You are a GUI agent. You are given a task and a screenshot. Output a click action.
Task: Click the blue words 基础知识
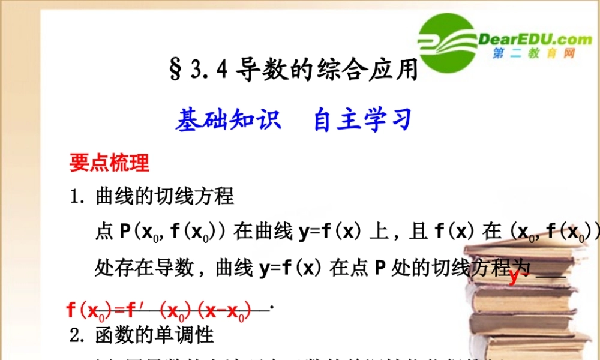pyautogui.click(x=228, y=120)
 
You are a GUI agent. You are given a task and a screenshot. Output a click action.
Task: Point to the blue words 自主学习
pyautogui.click(x=362, y=120)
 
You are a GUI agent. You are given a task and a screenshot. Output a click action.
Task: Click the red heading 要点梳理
pyautogui.click(x=109, y=163)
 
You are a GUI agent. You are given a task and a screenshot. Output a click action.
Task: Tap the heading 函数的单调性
pyautogui.click(x=154, y=334)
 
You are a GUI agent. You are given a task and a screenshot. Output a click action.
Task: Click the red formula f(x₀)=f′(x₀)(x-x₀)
pyautogui.click(x=159, y=310)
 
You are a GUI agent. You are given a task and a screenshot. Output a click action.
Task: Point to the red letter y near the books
pyautogui.click(x=514, y=277)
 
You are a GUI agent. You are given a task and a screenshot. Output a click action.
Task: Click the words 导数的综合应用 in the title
pyautogui.click(x=326, y=71)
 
